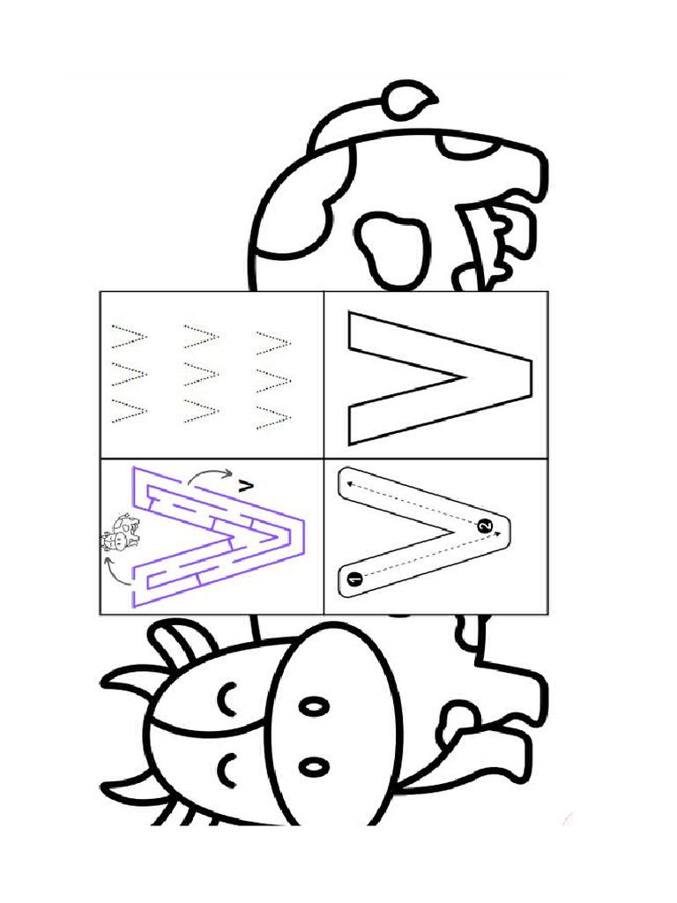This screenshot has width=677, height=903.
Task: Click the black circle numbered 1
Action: pyautogui.click(x=355, y=578)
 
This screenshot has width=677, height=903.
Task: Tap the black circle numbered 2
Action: pyautogui.click(x=486, y=526)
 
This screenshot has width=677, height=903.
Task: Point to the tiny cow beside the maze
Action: pyautogui.click(x=120, y=533)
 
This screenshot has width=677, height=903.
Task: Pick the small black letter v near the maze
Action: pyautogui.click(x=246, y=487)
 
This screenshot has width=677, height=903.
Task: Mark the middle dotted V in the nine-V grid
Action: pyautogui.click(x=201, y=374)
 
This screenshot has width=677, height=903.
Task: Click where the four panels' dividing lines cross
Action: pyautogui.click(x=324, y=459)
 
